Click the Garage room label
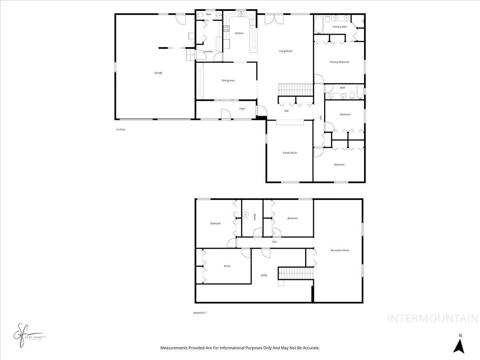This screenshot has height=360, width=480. (158, 73)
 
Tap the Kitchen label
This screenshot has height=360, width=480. (239, 33)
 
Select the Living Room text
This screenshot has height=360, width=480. (286, 51)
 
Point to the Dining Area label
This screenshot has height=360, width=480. (228, 80)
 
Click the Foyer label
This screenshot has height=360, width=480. (242, 108)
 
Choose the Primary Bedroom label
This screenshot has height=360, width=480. (339, 62)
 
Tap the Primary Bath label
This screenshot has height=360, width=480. (340, 26)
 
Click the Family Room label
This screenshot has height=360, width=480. (290, 153)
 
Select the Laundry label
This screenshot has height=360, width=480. (208, 51)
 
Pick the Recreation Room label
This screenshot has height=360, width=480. (340, 250)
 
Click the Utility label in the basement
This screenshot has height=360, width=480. (264, 275)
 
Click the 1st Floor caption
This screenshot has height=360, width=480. (120, 129)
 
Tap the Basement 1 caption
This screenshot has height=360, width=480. (200, 313)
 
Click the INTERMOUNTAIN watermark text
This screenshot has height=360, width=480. (433, 318)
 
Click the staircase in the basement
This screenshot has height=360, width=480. (295, 273)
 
